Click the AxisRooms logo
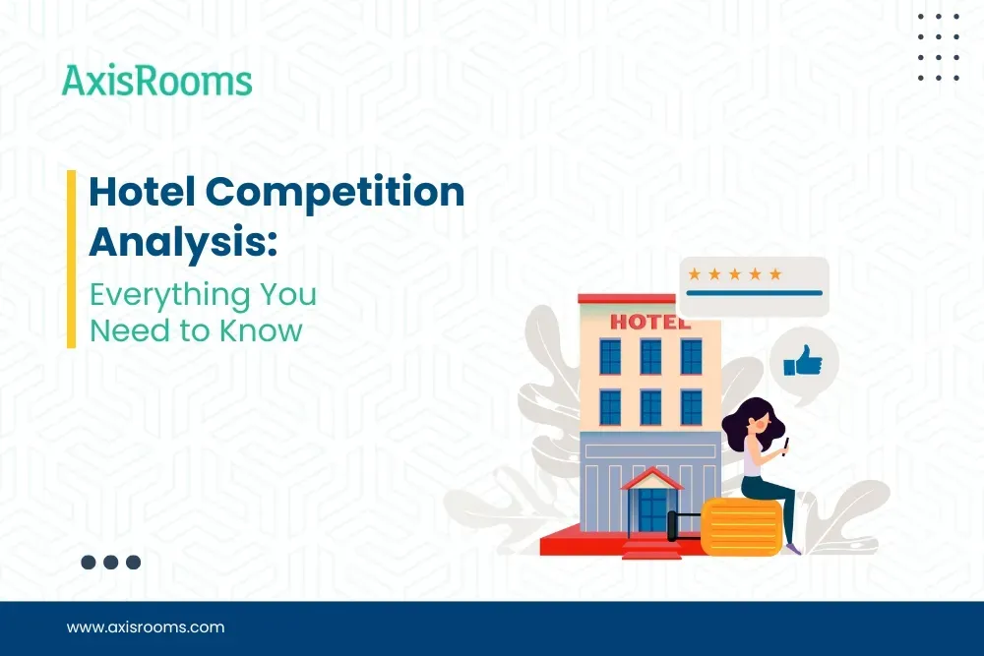(x=157, y=81)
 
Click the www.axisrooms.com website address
(x=146, y=626)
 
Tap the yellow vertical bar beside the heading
(x=71, y=259)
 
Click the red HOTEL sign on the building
(x=650, y=321)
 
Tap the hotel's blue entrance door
(x=651, y=509)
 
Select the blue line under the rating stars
(x=754, y=292)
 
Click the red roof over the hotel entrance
(x=651, y=478)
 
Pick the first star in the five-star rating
(x=695, y=273)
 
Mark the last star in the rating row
(x=775, y=273)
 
